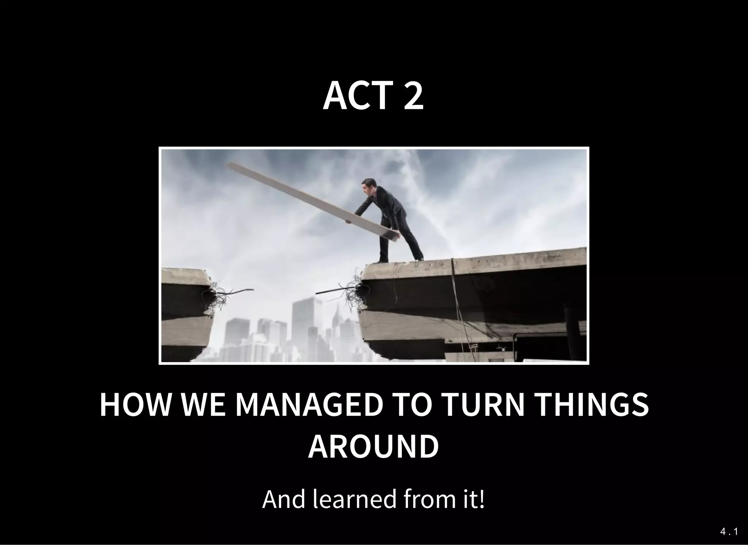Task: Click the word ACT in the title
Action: [x=356, y=96]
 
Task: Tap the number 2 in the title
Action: [x=413, y=96]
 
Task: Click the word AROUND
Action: [x=373, y=447]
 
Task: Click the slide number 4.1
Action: [x=729, y=532]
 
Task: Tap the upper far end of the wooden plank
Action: [x=231, y=166]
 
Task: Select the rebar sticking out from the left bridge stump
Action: [x=237, y=291]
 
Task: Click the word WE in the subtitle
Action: [x=201, y=405]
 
